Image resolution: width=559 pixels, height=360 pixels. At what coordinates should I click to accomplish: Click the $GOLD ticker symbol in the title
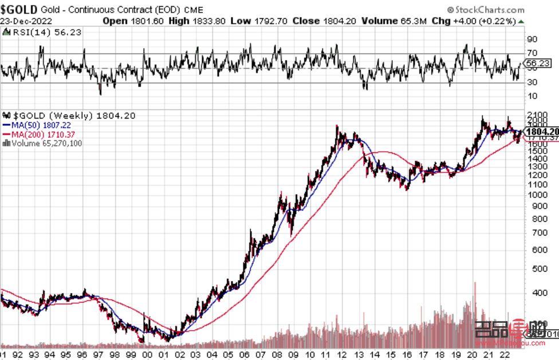19,9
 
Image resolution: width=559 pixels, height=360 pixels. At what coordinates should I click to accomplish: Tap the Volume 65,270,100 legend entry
45,143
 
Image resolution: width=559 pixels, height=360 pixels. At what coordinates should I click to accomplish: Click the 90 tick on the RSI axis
532,40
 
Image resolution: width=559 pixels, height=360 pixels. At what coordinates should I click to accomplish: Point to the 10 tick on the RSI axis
532,95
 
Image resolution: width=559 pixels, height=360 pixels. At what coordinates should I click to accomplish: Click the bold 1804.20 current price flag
541,131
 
